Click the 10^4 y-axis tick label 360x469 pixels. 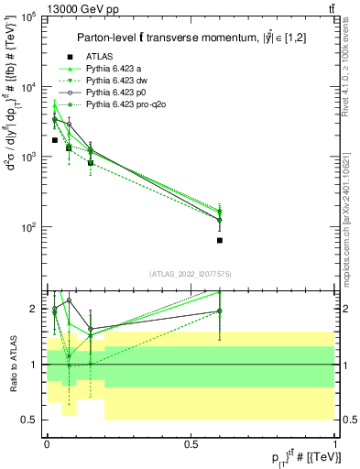28,87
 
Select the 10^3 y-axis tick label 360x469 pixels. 28,157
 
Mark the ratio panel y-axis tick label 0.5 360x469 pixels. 30,420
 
